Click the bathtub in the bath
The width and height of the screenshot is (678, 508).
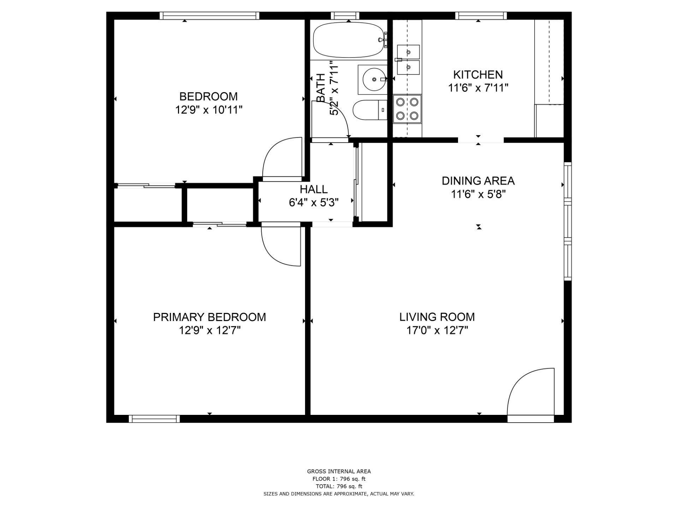click(348, 40)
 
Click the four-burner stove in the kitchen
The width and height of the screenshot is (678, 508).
click(407, 109)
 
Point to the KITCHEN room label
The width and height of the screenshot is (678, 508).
click(478, 75)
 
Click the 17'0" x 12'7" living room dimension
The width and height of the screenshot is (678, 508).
click(437, 331)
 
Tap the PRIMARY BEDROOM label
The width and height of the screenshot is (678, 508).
click(209, 317)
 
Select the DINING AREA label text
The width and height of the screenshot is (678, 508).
click(478, 181)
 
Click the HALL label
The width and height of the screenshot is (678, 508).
click(314, 189)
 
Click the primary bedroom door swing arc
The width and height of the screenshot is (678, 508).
click(281, 247)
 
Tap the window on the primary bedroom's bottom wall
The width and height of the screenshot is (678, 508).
click(154, 419)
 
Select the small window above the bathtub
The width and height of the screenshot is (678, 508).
click(345, 16)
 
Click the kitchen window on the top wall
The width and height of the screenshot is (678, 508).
click(481, 16)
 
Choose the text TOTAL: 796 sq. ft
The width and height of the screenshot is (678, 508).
click(339, 486)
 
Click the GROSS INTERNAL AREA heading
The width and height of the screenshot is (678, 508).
click(339, 471)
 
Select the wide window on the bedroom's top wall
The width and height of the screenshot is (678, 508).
click(209, 16)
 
